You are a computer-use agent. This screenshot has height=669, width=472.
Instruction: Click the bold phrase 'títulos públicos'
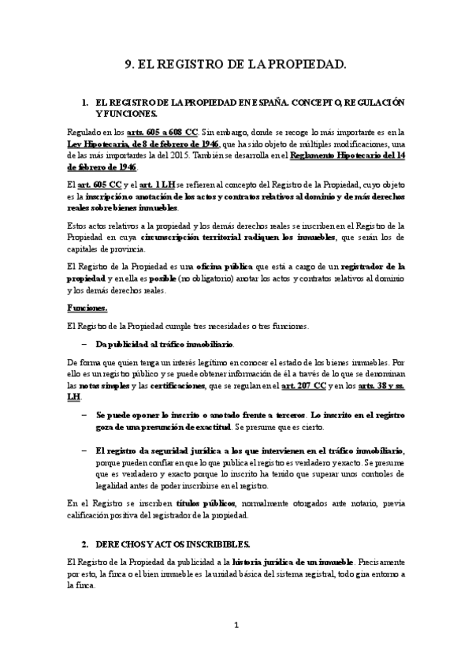203,501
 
